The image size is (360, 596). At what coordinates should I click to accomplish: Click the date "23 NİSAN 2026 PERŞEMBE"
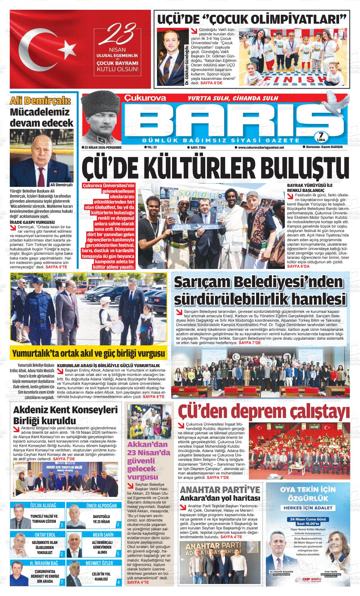click(101, 147)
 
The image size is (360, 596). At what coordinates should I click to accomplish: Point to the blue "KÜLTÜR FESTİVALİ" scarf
click(196, 227)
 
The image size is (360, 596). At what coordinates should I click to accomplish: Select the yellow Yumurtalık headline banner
click(88, 353)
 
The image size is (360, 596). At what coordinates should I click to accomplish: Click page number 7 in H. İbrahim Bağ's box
click(62, 582)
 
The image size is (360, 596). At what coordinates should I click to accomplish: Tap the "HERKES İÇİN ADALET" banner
click(308, 508)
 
